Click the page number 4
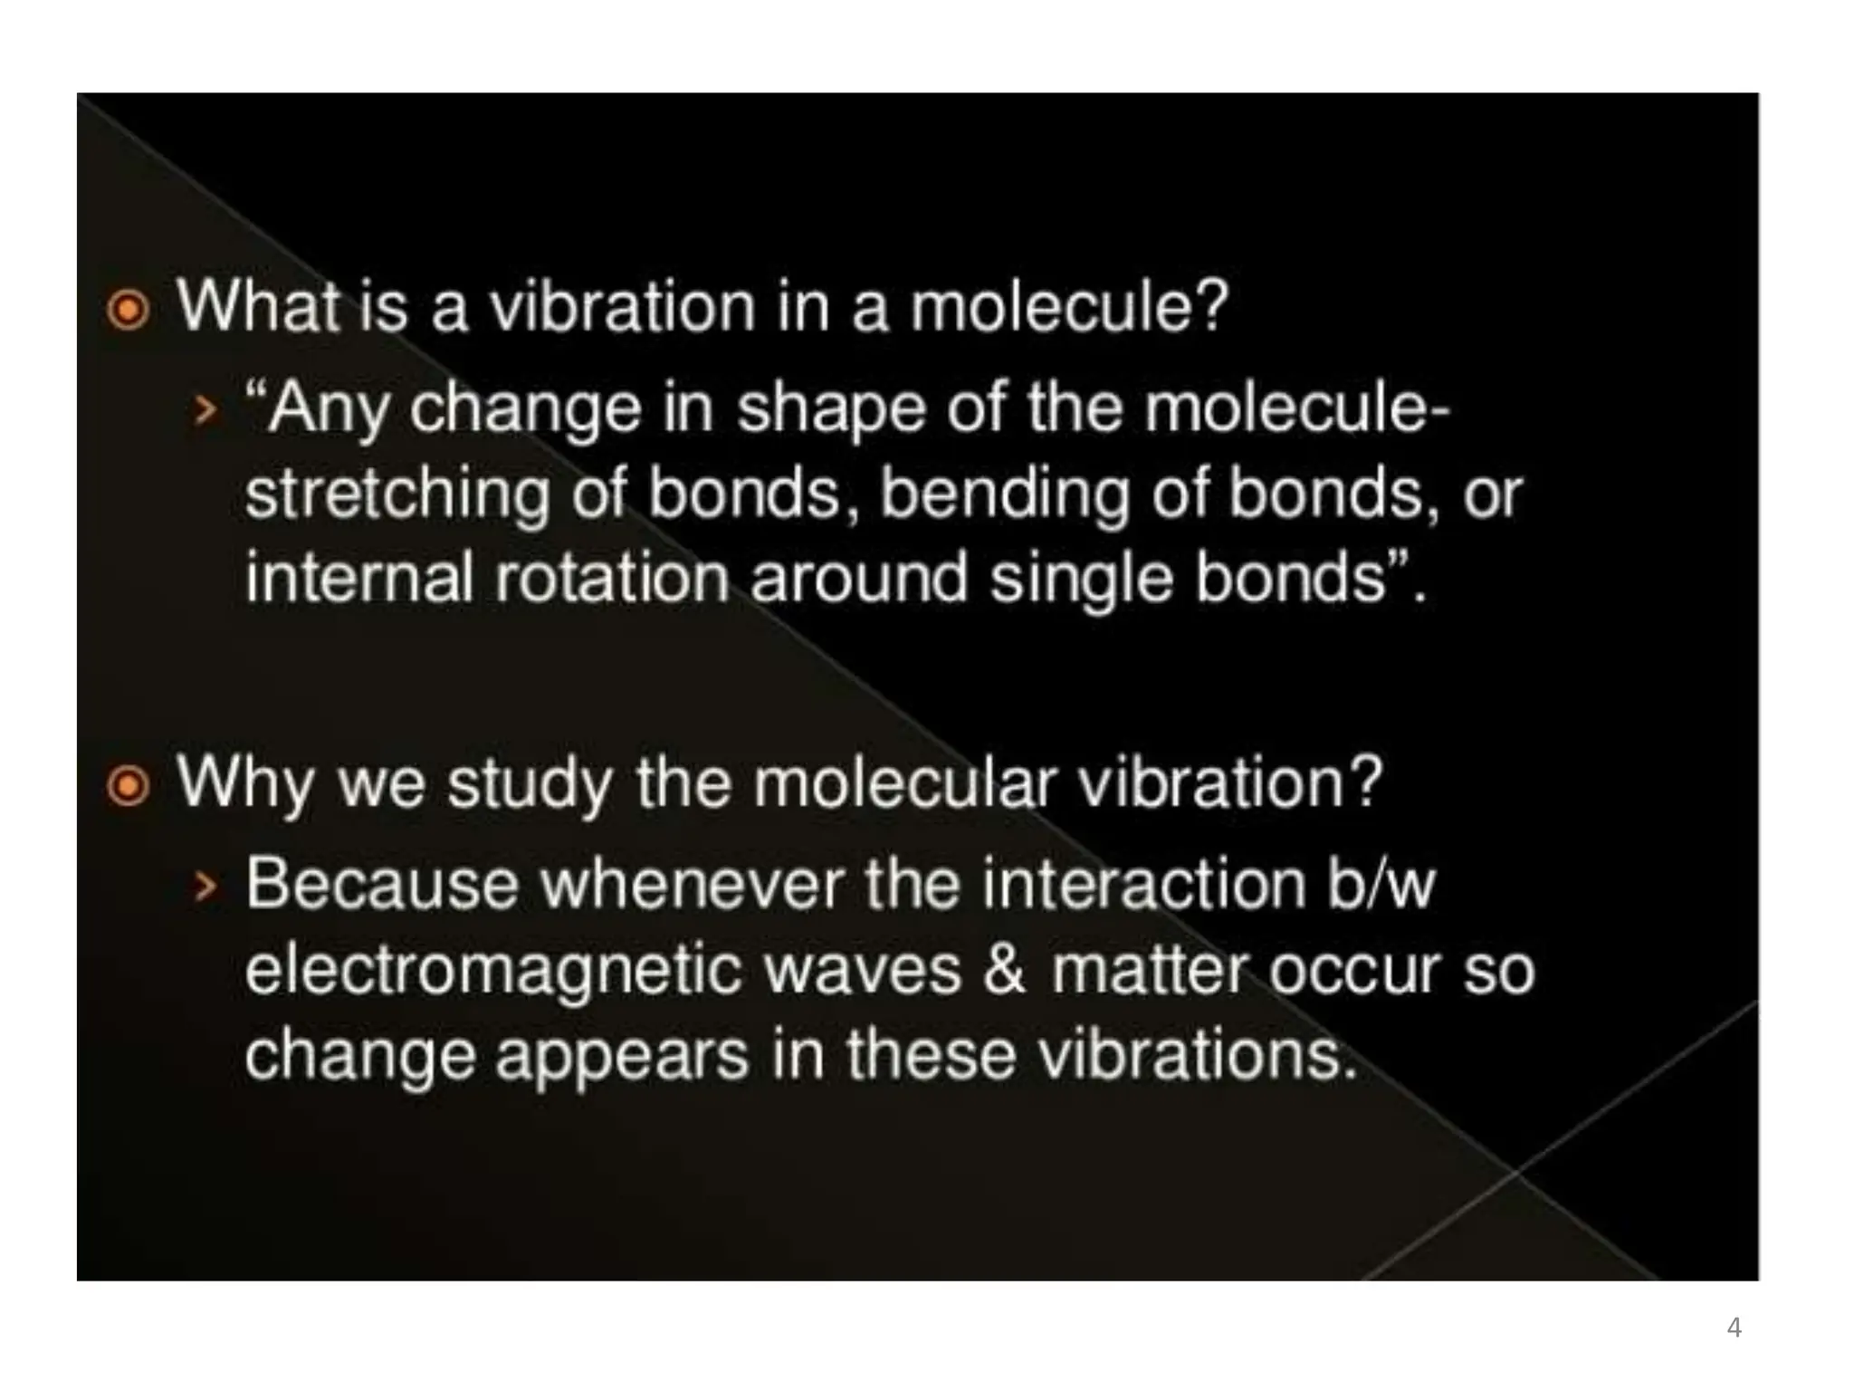coord(1734,1328)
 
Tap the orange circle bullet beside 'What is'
coord(128,311)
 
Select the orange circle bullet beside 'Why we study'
coord(128,786)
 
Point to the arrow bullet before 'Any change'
coord(206,412)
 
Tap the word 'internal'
coord(359,578)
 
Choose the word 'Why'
coord(244,782)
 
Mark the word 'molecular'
coord(904,782)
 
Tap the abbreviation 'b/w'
coord(1381,883)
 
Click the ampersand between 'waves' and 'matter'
coord(1005,970)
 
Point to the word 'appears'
coord(622,1057)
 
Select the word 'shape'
coord(830,410)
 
